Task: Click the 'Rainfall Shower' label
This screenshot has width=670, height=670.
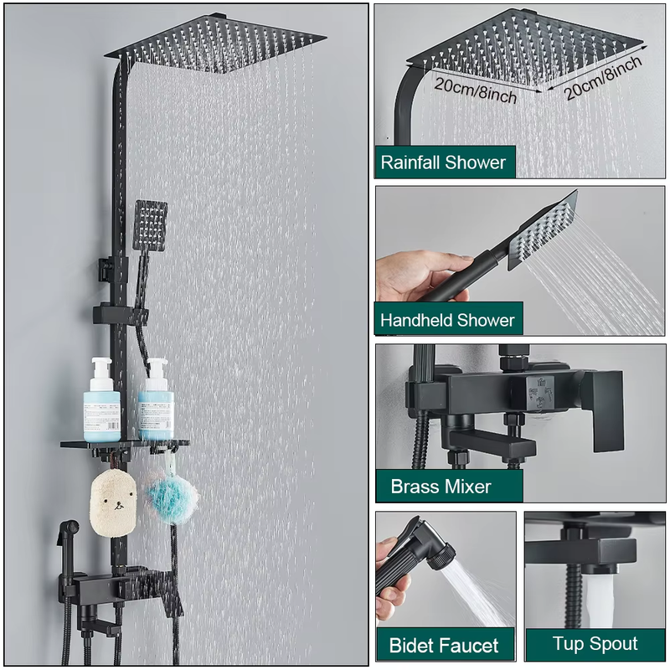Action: pyautogui.click(x=443, y=162)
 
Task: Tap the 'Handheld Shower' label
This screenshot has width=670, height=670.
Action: pyautogui.click(x=447, y=320)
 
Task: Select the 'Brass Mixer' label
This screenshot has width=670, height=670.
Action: pyautogui.click(x=441, y=487)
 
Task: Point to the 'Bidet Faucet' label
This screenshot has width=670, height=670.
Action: pyautogui.click(x=444, y=645)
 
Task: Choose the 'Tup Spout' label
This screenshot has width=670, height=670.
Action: pyautogui.click(x=595, y=644)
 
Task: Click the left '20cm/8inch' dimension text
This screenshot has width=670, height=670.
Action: pyautogui.click(x=475, y=90)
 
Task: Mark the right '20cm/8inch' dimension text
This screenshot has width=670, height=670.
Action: pyautogui.click(x=602, y=78)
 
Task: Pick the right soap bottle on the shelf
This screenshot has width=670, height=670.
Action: pyautogui.click(x=156, y=400)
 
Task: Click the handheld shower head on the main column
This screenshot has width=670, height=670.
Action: pyautogui.click(x=150, y=225)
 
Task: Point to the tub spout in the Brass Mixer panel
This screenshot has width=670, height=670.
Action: pyautogui.click(x=492, y=444)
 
